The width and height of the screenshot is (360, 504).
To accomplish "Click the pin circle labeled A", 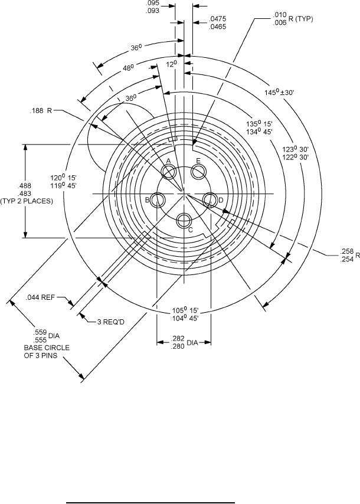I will [169, 172].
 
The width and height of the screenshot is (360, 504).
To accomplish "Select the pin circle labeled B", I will [158, 200].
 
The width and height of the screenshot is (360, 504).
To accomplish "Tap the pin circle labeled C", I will [184, 220].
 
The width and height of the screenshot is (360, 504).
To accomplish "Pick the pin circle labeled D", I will [210, 200].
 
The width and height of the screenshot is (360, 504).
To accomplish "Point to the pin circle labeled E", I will [198, 171].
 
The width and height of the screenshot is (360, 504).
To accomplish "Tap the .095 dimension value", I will [152, 4].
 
